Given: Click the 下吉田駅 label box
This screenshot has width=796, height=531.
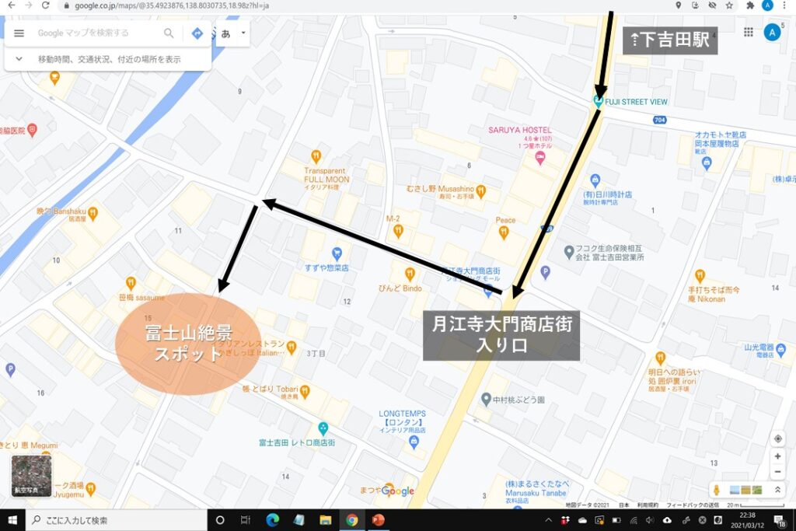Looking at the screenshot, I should click(x=670, y=40).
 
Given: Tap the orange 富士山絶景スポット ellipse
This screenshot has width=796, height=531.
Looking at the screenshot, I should click(x=186, y=343).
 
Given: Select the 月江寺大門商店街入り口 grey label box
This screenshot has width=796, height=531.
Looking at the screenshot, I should click(x=501, y=335).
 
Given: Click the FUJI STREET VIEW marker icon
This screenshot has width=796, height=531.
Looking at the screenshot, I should click(x=599, y=101).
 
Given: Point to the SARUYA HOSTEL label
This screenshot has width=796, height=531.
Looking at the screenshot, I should click(x=519, y=130).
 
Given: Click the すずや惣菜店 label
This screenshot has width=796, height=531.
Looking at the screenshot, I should click(x=326, y=267).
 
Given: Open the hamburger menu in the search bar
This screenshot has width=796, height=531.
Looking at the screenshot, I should click(x=19, y=33).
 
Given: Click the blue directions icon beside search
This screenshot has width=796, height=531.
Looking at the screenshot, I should click(x=197, y=33).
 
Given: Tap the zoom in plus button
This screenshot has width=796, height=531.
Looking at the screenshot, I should click(x=777, y=456).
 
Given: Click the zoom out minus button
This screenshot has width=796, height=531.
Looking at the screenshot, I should click(x=777, y=472).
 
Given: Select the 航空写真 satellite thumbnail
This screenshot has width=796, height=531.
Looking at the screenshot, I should click(x=31, y=475).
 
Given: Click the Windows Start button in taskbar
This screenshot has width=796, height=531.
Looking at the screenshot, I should click(x=12, y=520).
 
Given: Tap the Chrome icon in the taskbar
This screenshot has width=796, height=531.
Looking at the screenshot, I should click(x=352, y=520).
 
